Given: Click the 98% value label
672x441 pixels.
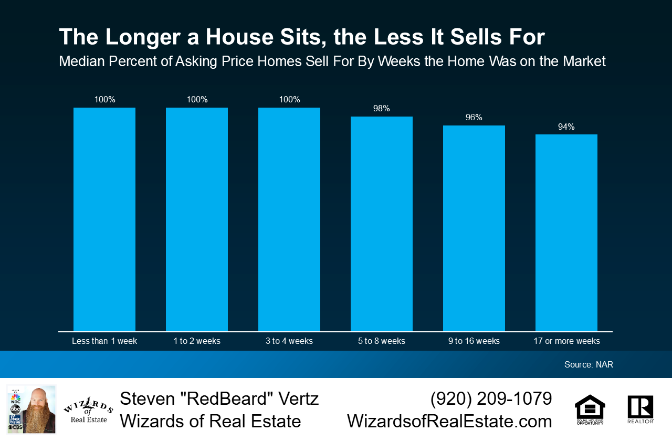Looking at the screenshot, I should pyautogui.click(x=382, y=109).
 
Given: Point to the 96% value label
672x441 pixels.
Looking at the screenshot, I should pyautogui.click(x=474, y=118).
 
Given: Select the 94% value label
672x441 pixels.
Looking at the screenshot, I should pyautogui.click(x=566, y=127).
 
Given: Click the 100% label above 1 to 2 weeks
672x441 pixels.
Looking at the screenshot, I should pyautogui.click(x=197, y=100).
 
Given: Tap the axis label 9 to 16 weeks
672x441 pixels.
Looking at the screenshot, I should pyautogui.click(x=474, y=341).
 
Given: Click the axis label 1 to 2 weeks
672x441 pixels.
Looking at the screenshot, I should pyautogui.click(x=197, y=341).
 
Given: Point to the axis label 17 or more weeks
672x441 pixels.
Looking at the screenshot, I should pyautogui.click(x=566, y=341).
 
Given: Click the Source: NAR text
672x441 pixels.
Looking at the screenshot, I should pyautogui.click(x=589, y=364).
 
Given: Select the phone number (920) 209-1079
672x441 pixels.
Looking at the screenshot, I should pyautogui.click(x=491, y=398).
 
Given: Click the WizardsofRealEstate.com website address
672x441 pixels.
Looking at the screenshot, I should pyautogui.click(x=449, y=421).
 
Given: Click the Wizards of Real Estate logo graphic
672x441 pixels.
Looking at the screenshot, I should pyautogui.click(x=88, y=409).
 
